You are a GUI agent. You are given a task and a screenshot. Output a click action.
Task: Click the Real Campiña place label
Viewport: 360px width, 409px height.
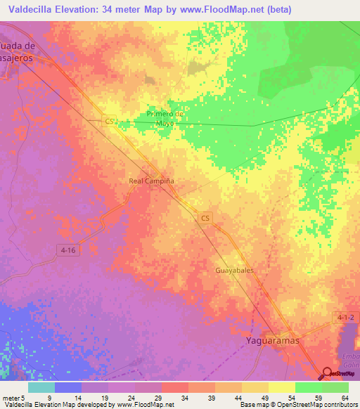click(x=151, y=181)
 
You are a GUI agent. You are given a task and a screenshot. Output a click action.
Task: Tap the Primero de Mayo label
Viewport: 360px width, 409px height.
click(x=165, y=118)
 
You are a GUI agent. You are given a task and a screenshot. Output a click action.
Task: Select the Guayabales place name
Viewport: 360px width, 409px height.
click(x=234, y=269)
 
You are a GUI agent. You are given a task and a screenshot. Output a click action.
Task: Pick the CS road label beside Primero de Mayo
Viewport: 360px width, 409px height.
click(x=110, y=121)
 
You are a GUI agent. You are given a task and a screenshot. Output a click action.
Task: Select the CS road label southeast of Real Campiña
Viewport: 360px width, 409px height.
click(x=205, y=219)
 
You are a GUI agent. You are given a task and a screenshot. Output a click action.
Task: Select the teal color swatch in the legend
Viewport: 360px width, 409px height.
click(x=41, y=387)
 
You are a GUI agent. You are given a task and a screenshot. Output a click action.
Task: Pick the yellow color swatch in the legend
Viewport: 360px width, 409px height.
click(x=282, y=387)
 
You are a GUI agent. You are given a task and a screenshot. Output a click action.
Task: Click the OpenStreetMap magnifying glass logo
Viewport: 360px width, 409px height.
click(x=328, y=374)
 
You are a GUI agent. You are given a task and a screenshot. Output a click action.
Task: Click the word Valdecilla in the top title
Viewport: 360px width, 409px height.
click(x=31, y=9)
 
